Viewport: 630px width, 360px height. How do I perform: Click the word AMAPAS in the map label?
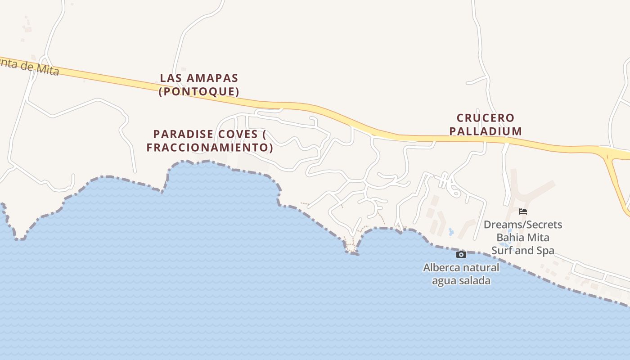coord(211,78)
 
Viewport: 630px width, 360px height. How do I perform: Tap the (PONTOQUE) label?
coord(199,92)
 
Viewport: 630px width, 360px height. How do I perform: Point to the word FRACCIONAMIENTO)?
coord(210,148)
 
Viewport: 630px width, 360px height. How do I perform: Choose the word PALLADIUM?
coord(486,131)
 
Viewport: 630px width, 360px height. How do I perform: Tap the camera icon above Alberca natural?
coord(461,255)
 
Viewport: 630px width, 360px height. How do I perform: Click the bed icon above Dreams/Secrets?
coord(523,211)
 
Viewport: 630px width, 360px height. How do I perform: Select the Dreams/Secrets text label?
coord(523,225)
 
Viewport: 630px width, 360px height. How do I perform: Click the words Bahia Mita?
coord(523,237)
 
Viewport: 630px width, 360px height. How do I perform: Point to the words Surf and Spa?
coord(523,251)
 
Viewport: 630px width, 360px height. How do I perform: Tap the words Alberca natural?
coord(461,268)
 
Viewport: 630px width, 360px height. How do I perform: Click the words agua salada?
coord(461,281)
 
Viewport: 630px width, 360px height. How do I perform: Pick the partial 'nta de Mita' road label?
coord(30,68)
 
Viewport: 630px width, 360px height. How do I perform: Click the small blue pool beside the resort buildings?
coord(451,232)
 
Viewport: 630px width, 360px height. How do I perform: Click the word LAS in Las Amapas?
coord(170,78)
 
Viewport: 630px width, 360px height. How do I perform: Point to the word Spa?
coord(546,251)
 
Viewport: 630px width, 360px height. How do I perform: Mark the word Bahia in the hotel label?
coord(509,237)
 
